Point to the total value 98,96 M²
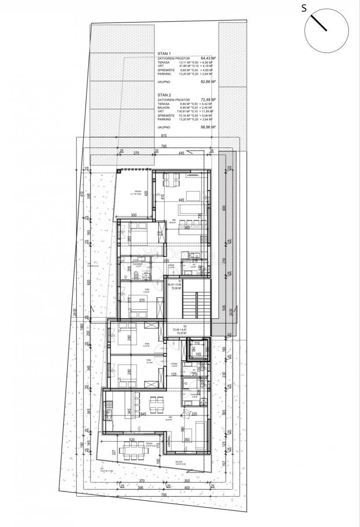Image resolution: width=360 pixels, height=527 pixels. point(208,127)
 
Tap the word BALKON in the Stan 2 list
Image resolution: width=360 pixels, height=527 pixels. point(164,108)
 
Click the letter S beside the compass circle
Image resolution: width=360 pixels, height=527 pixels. point(304,7)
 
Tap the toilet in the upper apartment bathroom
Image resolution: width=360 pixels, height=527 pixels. point(137,275)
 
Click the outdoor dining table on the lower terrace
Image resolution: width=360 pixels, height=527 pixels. point(132,449)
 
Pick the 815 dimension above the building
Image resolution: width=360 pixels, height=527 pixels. point(164,136)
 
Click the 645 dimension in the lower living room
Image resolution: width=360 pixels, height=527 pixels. point(143,414)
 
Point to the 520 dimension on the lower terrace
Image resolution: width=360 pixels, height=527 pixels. point(131,440)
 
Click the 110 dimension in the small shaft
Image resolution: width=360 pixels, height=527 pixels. point(197,343)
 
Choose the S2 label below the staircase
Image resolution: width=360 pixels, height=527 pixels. point(185,327)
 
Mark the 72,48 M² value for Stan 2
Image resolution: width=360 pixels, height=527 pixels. point(208,100)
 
